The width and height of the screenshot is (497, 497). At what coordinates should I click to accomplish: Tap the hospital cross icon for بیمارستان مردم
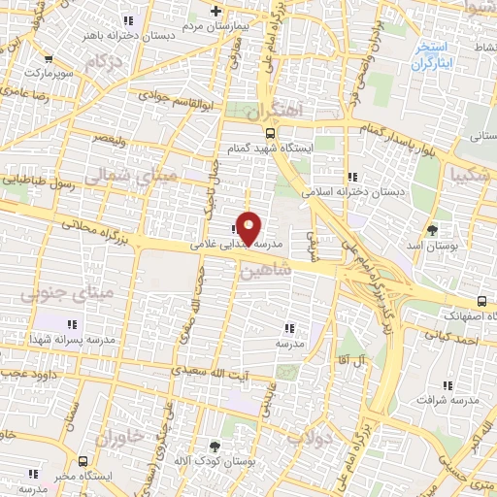tap(217, 12)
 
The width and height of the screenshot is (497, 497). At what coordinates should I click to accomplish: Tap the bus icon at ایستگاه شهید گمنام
tap(270, 135)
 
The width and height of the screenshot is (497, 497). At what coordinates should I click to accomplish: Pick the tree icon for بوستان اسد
tap(432, 230)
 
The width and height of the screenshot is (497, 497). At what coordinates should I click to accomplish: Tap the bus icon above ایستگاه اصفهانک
tap(483, 302)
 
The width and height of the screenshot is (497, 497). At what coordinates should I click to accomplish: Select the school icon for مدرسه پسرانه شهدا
tap(71, 323)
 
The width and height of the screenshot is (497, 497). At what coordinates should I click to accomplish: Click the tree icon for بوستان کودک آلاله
tap(215, 447)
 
